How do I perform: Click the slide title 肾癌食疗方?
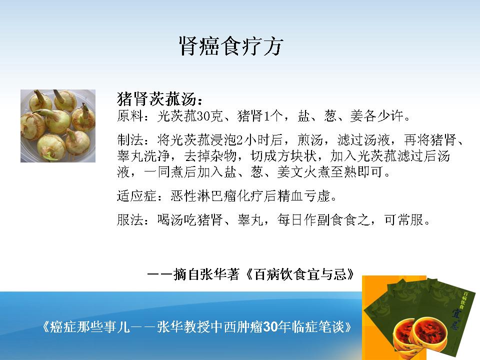231,46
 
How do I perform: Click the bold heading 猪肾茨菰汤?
156,98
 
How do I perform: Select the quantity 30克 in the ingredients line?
209,116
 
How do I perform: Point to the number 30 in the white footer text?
270,327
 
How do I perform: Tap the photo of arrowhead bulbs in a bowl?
58,126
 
